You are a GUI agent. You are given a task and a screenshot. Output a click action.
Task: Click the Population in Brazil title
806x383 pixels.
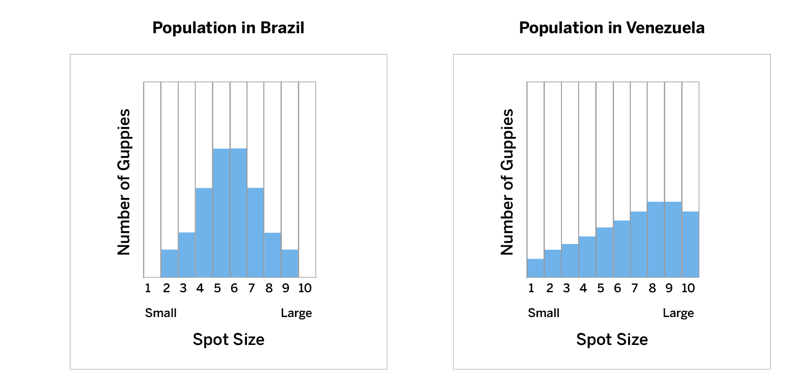pos(228,28)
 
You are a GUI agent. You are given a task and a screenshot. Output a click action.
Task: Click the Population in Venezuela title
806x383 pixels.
pos(611,28)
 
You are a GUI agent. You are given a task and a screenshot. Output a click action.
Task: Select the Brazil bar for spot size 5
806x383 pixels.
pos(221,213)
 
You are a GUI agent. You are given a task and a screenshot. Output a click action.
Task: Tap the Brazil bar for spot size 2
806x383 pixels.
pos(169,263)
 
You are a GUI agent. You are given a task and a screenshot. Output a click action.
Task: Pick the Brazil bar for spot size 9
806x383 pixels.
pos(290,263)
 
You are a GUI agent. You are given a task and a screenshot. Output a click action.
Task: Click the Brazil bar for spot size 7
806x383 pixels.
pos(255,232)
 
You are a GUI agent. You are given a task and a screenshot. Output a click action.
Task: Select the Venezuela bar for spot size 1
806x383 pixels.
pos(535,268)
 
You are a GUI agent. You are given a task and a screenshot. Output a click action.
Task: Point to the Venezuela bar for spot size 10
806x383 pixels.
pos(691,244)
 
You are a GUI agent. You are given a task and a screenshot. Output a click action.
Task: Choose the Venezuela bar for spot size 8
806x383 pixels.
pos(656,240)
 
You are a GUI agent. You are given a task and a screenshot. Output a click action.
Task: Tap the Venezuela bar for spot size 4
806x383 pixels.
pos(587,257)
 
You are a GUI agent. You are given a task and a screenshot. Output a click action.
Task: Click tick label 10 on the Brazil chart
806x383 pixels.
pos(305,288)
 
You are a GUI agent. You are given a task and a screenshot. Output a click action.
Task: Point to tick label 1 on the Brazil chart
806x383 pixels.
pos(148,288)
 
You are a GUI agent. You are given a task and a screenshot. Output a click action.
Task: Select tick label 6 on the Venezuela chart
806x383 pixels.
pos(617,288)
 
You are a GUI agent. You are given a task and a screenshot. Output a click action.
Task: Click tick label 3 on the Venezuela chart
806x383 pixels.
pos(566,288)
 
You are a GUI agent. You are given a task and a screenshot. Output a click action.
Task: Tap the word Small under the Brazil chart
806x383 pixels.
pos(161,313)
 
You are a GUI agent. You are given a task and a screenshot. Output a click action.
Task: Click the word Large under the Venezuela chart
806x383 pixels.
pos(678,313)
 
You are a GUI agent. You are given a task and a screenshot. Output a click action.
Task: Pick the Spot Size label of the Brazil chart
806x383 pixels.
pos(228,340)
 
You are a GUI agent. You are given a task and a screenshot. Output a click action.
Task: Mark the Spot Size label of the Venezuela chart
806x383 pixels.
pos(612,340)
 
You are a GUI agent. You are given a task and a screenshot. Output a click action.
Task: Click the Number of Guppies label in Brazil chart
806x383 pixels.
pos(124,182)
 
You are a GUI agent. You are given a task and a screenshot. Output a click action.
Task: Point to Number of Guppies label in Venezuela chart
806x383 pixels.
pos(507,182)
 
